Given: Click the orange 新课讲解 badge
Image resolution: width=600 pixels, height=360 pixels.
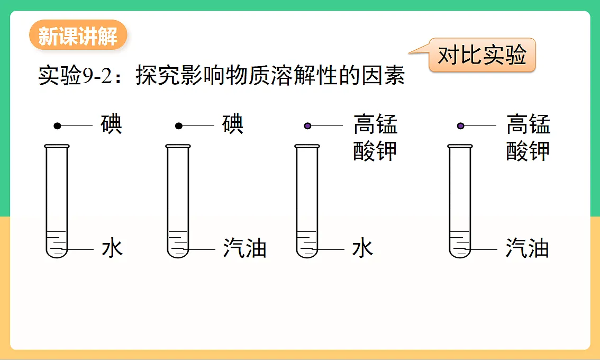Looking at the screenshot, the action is [78, 35].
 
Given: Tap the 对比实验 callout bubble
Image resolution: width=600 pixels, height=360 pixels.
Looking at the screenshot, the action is [482, 55].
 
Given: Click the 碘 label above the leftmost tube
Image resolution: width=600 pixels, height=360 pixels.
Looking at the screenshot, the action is [111, 124].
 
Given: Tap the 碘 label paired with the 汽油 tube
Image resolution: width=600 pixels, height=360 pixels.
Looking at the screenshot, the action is [233, 124].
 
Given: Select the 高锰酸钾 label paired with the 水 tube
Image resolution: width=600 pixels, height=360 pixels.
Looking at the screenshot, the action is [375, 137].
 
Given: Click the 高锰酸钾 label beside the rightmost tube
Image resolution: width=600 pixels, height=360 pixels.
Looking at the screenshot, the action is [528, 137].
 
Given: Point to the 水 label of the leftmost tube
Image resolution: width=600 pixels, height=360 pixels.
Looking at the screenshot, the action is [112, 248].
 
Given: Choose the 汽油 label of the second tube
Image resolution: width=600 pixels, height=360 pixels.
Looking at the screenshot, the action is [244, 248].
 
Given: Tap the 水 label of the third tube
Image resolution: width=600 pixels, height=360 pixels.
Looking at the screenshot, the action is [362, 248].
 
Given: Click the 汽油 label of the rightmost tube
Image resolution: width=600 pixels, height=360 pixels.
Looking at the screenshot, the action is [528, 248].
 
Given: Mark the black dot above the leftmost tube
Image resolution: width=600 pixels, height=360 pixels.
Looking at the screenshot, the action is [57, 125].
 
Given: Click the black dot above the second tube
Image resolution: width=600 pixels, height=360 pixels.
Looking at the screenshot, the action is [179, 125].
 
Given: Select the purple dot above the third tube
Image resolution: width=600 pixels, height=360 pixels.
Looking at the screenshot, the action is [307, 125].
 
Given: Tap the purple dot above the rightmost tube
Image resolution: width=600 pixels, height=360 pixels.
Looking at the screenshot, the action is [461, 125].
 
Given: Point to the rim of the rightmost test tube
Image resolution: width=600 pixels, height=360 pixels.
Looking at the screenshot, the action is [460, 146].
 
